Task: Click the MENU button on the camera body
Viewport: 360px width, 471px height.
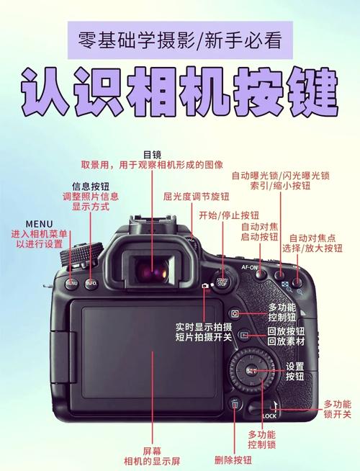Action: click(x=72, y=283)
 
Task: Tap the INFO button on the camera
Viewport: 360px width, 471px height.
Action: click(x=91, y=283)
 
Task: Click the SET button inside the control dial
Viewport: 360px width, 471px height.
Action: click(x=251, y=370)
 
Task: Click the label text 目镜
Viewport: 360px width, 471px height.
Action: click(x=152, y=154)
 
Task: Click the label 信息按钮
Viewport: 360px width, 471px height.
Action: click(x=90, y=185)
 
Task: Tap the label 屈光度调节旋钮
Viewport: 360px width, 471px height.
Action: click(x=196, y=196)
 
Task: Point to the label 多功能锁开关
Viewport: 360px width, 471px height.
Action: click(x=337, y=408)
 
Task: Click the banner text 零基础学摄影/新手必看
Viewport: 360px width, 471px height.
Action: click(x=180, y=35)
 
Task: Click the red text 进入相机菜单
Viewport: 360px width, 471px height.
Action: click(x=40, y=234)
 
